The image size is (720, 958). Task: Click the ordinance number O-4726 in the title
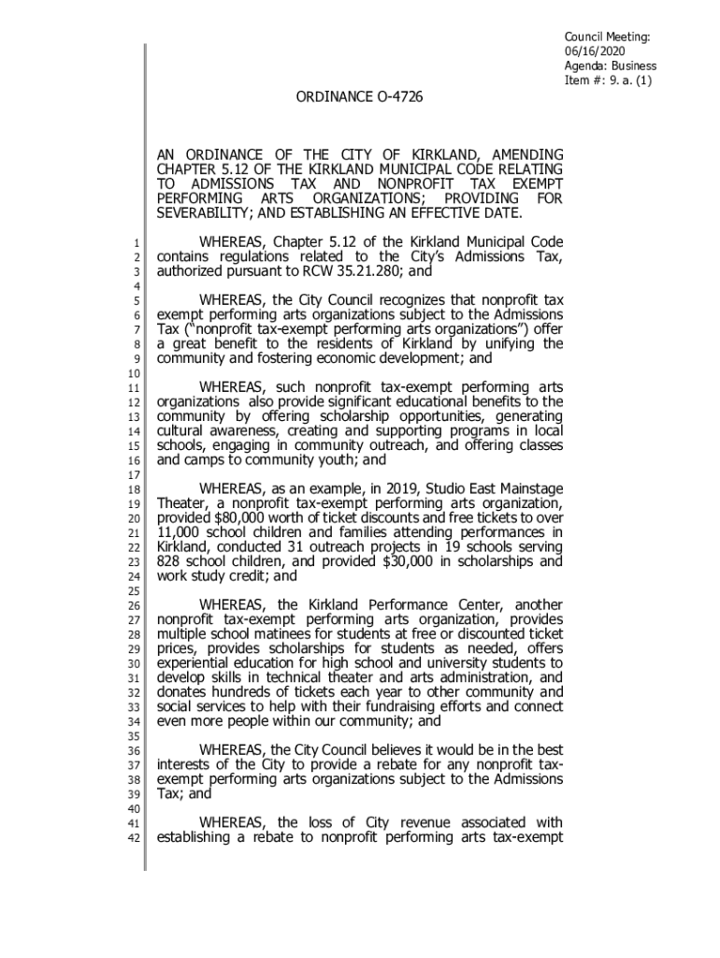[386, 96]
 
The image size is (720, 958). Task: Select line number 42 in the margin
[132, 837]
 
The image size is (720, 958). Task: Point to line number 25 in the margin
[132, 591]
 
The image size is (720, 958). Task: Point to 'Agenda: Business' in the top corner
[610, 66]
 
